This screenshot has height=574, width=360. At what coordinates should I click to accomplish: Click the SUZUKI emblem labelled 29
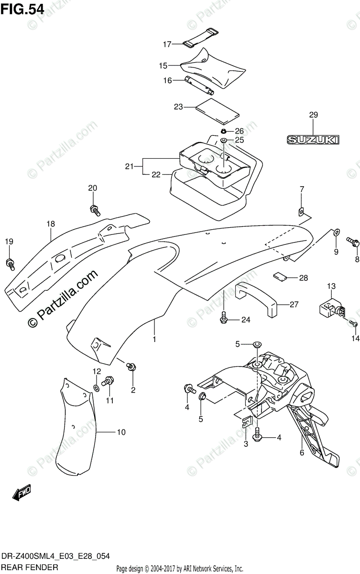(313, 140)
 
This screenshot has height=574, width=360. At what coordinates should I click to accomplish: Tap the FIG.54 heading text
(22, 9)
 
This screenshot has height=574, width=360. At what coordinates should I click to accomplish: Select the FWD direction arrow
(22, 492)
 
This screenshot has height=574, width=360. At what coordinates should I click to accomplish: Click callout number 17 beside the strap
(167, 44)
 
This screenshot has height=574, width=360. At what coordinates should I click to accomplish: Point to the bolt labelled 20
(95, 210)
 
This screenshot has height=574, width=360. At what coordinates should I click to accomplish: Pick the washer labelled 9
(337, 232)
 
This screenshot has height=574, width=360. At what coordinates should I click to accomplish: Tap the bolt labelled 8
(352, 242)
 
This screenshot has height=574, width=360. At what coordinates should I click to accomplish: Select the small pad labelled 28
(280, 276)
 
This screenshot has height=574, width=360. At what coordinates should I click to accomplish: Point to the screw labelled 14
(353, 323)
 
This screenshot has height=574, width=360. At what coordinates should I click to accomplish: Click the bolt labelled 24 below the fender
(223, 317)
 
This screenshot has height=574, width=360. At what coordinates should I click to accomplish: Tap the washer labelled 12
(96, 388)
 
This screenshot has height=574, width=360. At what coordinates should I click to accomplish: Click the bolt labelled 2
(131, 367)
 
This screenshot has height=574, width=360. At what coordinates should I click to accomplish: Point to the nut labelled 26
(223, 132)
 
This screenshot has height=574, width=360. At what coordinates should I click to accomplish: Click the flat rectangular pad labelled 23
(218, 110)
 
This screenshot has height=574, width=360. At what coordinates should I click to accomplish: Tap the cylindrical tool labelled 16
(200, 86)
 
